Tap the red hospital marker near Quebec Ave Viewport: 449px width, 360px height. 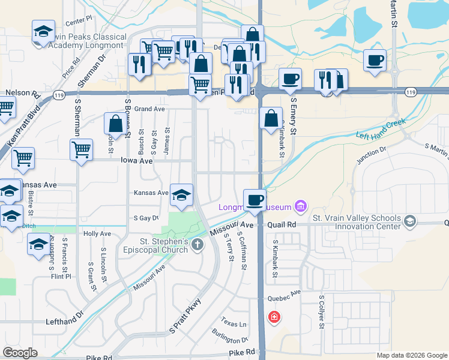pyautogui.click(x=274, y=316)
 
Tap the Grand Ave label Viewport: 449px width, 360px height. pyautogui.click(x=149, y=109)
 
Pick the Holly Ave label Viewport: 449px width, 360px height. pyautogui.click(x=97, y=233)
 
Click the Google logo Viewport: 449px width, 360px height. pyautogui.click(x=20, y=353)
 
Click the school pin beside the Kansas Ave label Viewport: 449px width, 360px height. pyautogui.click(x=181, y=195)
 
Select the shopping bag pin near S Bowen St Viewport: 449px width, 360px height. pyautogui.click(x=115, y=124)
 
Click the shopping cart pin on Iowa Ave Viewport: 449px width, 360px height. pyautogui.click(x=81, y=149)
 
